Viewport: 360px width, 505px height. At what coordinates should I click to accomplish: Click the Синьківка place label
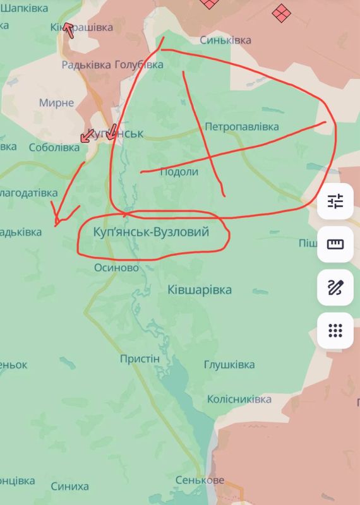(x=225, y=40)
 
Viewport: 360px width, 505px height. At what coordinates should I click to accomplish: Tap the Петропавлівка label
(x=241, y=126)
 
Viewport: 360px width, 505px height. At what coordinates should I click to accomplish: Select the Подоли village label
(x=179, y=172)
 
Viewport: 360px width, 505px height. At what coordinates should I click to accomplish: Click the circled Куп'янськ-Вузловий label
(x=150, y=233)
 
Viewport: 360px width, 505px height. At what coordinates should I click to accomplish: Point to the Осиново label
(x=116, y=268)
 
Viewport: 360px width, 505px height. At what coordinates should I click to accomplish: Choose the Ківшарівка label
(x=200, y=290)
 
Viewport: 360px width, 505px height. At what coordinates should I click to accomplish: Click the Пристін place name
(x=140, y=359)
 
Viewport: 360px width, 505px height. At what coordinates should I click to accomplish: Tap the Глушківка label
(x=229, y=365)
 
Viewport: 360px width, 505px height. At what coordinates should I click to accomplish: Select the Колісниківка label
(x=239, y=400)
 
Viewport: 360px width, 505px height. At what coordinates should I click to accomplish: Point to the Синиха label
(x=69, y=486)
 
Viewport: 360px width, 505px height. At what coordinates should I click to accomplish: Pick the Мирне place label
(x=56, y=102)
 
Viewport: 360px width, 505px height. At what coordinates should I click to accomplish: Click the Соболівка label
(x=54, y=147)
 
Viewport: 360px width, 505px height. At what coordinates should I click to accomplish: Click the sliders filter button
(x=335, y=201)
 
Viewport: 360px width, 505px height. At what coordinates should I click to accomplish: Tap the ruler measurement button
(x=335, y=244)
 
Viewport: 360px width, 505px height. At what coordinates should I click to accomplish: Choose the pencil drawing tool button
(x=335, y=287)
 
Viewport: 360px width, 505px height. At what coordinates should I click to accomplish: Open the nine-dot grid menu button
(x=335, y=330)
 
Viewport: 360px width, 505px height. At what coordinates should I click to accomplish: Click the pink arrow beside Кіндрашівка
(x=68, y=30)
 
